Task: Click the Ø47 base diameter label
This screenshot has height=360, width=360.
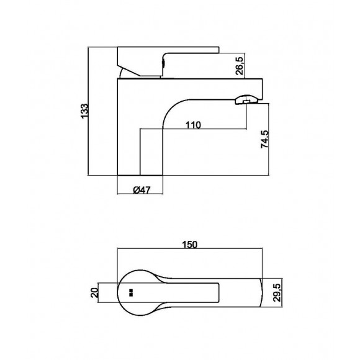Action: pyautogui.click(x=143, y=191)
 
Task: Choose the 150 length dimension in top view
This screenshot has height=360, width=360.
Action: pyautogui.click(x=190, y=245)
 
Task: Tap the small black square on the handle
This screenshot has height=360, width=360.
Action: pyautogui.click(x=131, y=292)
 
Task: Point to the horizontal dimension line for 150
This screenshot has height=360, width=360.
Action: pyautogui.click(x=190, y=251)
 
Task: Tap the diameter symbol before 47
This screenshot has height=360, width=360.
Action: pyautogui.click(x=137, y=191)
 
